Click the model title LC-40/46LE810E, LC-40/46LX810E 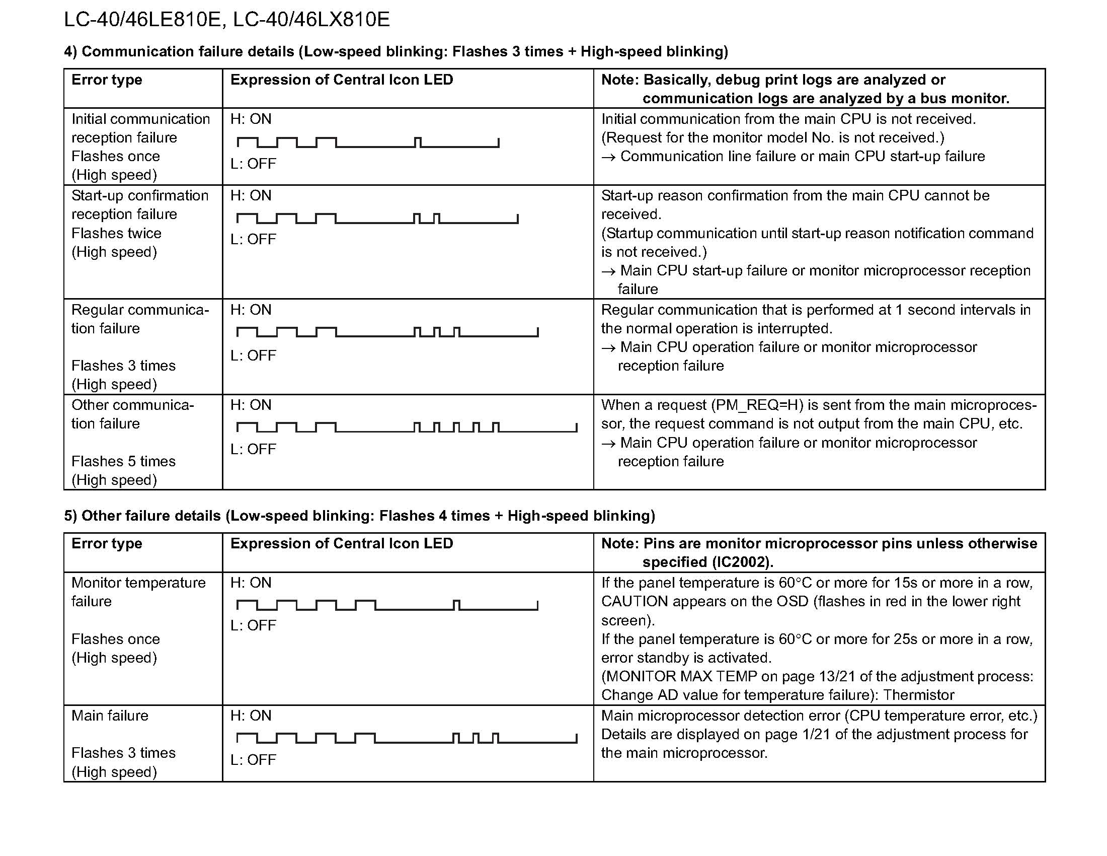(226, 20)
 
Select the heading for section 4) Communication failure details (396, 52)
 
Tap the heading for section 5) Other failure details (359, 516)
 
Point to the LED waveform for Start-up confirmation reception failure (377, 219)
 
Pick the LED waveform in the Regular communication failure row (387, 332)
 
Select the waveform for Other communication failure (407, 427)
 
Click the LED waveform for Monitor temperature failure (387, 605)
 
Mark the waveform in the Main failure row (407, 738)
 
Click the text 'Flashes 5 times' (123, 461)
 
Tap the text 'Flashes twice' (116, 233)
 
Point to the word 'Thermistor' (918, 695)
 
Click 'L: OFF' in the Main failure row (253, 760)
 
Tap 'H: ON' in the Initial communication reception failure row (251, 119)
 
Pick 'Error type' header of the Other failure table (107, 544)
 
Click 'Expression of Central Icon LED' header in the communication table (341, 80)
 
